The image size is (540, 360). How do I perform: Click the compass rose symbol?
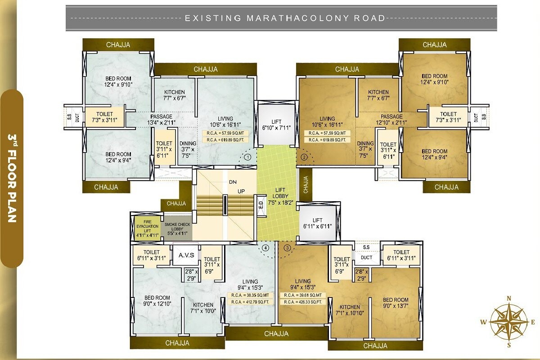509,321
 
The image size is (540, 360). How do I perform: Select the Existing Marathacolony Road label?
285,18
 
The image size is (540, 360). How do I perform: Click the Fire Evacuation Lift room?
145,228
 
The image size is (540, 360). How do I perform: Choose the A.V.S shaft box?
186,255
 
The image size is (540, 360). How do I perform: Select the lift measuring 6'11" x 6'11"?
318,223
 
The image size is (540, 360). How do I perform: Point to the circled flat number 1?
247,157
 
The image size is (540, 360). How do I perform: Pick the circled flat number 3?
287,247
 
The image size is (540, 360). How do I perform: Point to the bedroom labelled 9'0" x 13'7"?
396,303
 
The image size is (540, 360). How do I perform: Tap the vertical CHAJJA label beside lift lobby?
305,184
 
